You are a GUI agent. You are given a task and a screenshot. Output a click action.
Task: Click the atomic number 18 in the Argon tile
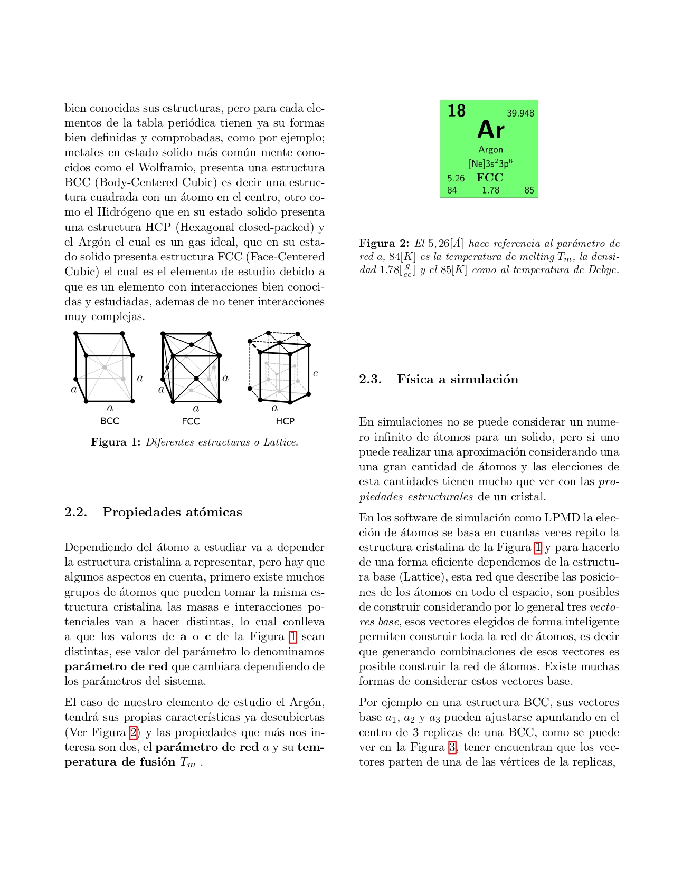click(457, 111)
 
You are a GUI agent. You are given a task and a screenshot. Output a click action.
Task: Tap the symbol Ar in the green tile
click(490, 130)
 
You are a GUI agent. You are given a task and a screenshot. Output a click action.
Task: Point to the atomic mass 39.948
click(520, 113)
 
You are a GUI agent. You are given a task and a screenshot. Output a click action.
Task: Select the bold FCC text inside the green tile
click(490, 178)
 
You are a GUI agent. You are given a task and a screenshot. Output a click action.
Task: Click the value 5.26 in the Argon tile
click(456, 178)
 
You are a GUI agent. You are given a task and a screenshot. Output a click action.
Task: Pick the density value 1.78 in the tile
click(490, 190)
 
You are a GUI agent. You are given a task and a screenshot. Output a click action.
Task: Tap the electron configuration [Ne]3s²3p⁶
click(490, 163)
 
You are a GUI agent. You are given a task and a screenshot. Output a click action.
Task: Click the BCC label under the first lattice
click(110, 421)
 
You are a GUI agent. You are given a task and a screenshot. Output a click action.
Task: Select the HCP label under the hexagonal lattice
click(285, 421)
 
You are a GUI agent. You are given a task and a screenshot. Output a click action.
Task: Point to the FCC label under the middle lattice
click(191, 421)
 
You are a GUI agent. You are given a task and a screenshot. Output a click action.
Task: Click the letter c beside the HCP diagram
click(316, 373)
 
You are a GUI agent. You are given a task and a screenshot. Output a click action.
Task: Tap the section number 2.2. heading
click(75, 513)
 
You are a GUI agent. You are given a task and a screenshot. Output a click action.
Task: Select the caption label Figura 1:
click(115, 442)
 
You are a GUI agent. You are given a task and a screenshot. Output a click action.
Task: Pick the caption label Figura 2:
click(384, 243)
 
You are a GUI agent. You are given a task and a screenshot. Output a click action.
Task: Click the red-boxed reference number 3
click(452, 747)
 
